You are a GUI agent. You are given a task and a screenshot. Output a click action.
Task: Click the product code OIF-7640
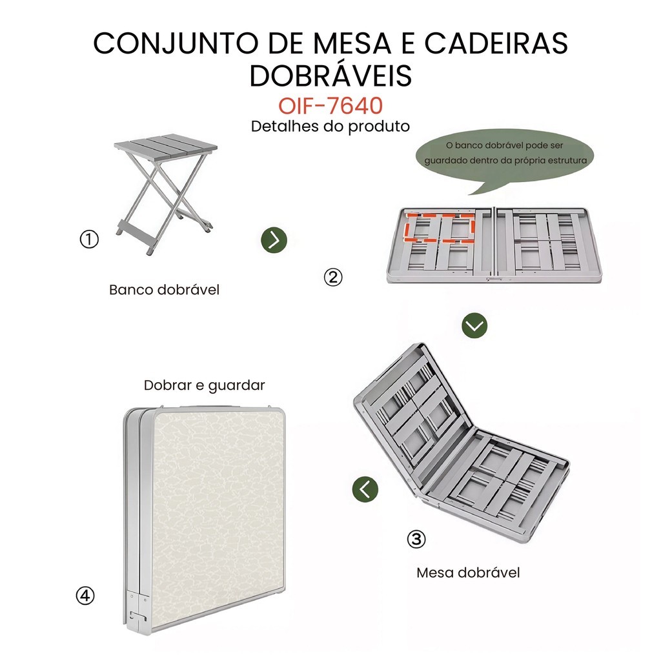tap(330, 105)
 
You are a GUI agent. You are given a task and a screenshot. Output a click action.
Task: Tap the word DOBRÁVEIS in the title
tap(330, 76)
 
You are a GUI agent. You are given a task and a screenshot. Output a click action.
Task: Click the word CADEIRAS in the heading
tap(496, 43)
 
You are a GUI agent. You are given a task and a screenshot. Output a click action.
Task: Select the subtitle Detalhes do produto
tap(330, 127)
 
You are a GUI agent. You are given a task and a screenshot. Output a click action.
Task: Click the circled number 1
tap(89, 239)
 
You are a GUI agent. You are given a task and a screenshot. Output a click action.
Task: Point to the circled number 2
tap(333, 278)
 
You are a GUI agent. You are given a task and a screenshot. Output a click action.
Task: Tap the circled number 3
tap(416, 539)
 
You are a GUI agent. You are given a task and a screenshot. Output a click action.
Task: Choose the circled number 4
tap(85, 596)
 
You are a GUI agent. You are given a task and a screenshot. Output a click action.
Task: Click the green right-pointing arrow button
tap(274, 240)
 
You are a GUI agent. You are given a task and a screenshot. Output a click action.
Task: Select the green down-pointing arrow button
tap(474, 325)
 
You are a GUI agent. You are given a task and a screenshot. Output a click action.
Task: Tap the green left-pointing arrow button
tap(365, 489)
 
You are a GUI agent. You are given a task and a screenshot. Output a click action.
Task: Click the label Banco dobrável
tap(165, 290)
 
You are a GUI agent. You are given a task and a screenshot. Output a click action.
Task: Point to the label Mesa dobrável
tap(468, 573)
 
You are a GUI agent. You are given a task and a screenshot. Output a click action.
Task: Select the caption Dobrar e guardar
tap(205, 385)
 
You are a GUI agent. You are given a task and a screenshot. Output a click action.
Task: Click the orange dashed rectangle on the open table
tap(440, 228)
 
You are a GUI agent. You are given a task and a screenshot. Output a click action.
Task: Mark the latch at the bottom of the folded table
tap(138, 616)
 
